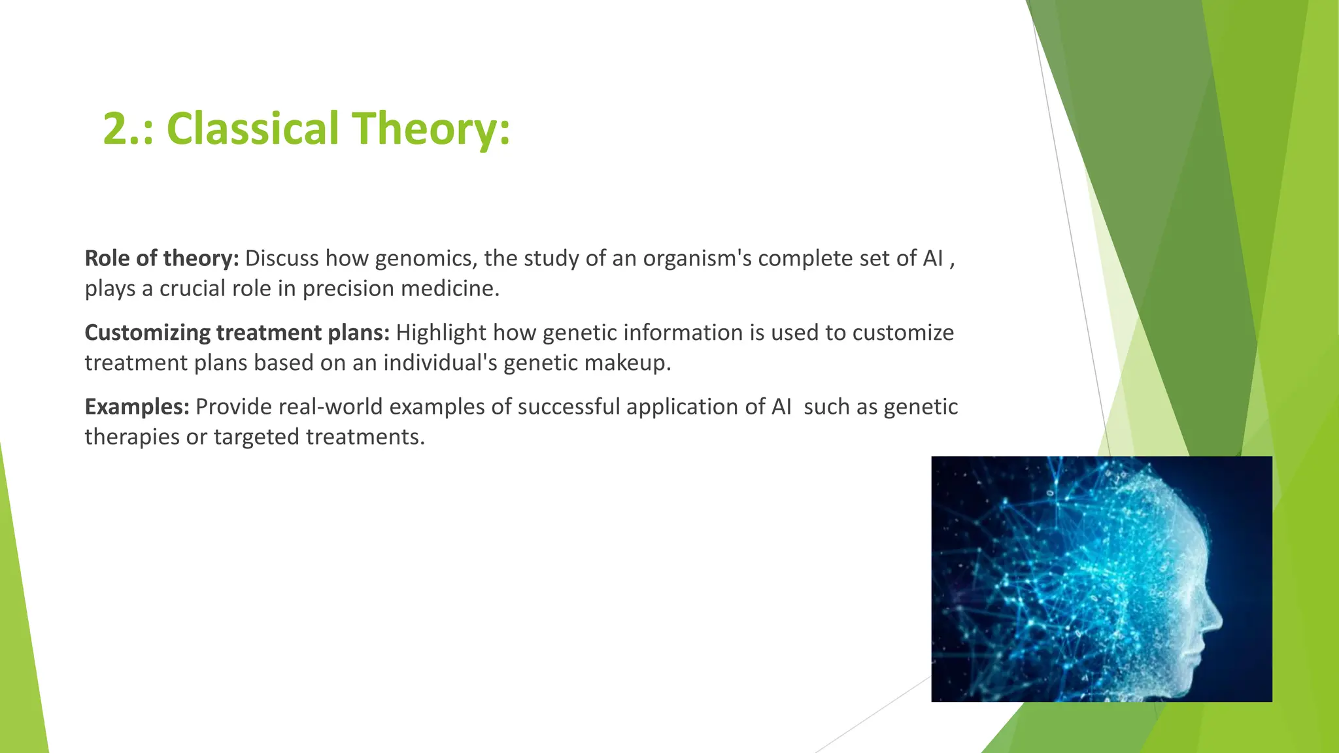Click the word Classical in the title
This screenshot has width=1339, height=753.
[253, 129]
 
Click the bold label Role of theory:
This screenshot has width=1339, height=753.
[161, 259]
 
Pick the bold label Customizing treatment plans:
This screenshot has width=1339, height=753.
[237, 333]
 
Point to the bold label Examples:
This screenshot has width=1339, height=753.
[137, 407]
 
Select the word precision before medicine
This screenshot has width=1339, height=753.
[348, 289]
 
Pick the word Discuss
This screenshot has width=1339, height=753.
[282, 259]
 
